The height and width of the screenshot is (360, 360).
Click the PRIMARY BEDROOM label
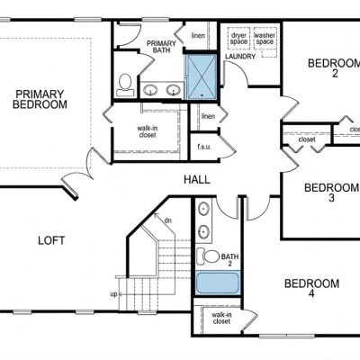tap(40, 99)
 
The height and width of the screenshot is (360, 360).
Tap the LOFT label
tap(51, 240)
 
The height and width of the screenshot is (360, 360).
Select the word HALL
tap(197, 180)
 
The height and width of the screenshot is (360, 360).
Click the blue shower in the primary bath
tap(202, 76)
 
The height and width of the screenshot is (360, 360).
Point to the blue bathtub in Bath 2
tap(218, 283)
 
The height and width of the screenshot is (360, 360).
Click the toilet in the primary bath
tap(125, 85)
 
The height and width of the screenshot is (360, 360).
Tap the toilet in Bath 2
tap(208, 256)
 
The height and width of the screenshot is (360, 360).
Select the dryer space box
tap(238, 38)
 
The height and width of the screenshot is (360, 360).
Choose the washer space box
tap(265, 38)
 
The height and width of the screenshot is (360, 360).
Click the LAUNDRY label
tap(240, 57)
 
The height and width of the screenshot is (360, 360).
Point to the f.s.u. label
tap(204, 147)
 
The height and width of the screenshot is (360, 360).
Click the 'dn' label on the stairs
tap(168, 220)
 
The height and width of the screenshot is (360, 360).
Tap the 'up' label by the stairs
tap(113, 294)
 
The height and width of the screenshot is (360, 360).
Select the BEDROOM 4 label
tap(311, 288)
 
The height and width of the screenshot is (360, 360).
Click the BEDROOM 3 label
tap(331, 193)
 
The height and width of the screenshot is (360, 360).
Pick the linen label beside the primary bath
tap(198, 35)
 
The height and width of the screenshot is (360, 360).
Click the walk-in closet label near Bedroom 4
tap(221, 319)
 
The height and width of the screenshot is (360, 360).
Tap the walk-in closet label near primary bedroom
tap(148, 131)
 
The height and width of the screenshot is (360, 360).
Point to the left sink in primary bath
tap(150, 90)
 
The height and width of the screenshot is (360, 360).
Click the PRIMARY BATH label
tap(161, 47)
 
